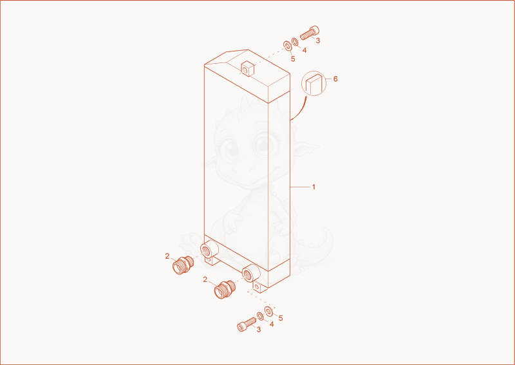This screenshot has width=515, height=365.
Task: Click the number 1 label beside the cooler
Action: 314,187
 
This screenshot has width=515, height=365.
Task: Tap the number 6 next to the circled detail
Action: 335,79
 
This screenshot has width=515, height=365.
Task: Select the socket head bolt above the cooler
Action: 310,33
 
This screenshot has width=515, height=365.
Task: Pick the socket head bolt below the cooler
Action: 247,324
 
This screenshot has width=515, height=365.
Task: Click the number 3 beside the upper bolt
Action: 317,41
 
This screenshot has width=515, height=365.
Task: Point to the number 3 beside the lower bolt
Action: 259,330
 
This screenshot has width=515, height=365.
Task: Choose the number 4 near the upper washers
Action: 304,50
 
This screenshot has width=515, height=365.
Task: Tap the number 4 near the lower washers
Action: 272,324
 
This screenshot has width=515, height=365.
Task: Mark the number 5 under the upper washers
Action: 293,59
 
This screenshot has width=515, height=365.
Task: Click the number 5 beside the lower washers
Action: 281,318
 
